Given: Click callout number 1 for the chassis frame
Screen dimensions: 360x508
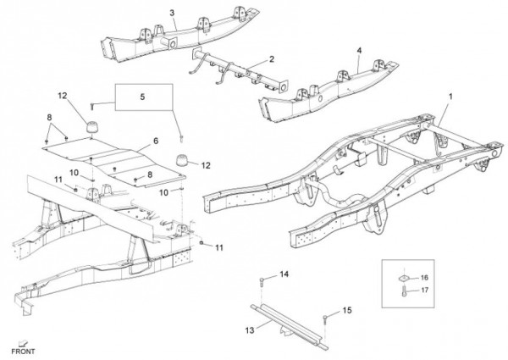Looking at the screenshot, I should [451, 97].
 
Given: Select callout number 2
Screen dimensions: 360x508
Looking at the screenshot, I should [272, 58].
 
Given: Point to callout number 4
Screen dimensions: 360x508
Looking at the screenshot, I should [359, 50].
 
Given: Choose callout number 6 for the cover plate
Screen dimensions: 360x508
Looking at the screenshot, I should [155, 141].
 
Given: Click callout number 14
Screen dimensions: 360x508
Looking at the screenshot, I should [284, 274].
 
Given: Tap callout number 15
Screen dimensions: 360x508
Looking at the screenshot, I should [345, 312].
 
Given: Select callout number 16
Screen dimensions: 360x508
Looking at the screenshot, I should [424, 278].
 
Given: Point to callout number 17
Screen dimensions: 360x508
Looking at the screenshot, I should [424, 291].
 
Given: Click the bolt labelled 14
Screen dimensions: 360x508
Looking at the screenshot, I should [264, 280].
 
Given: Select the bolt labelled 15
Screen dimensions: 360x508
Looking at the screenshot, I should [325, 318].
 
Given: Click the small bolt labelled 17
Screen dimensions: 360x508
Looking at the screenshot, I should [405, 291].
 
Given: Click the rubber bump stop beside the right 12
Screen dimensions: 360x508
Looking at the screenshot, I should [181, 161].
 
